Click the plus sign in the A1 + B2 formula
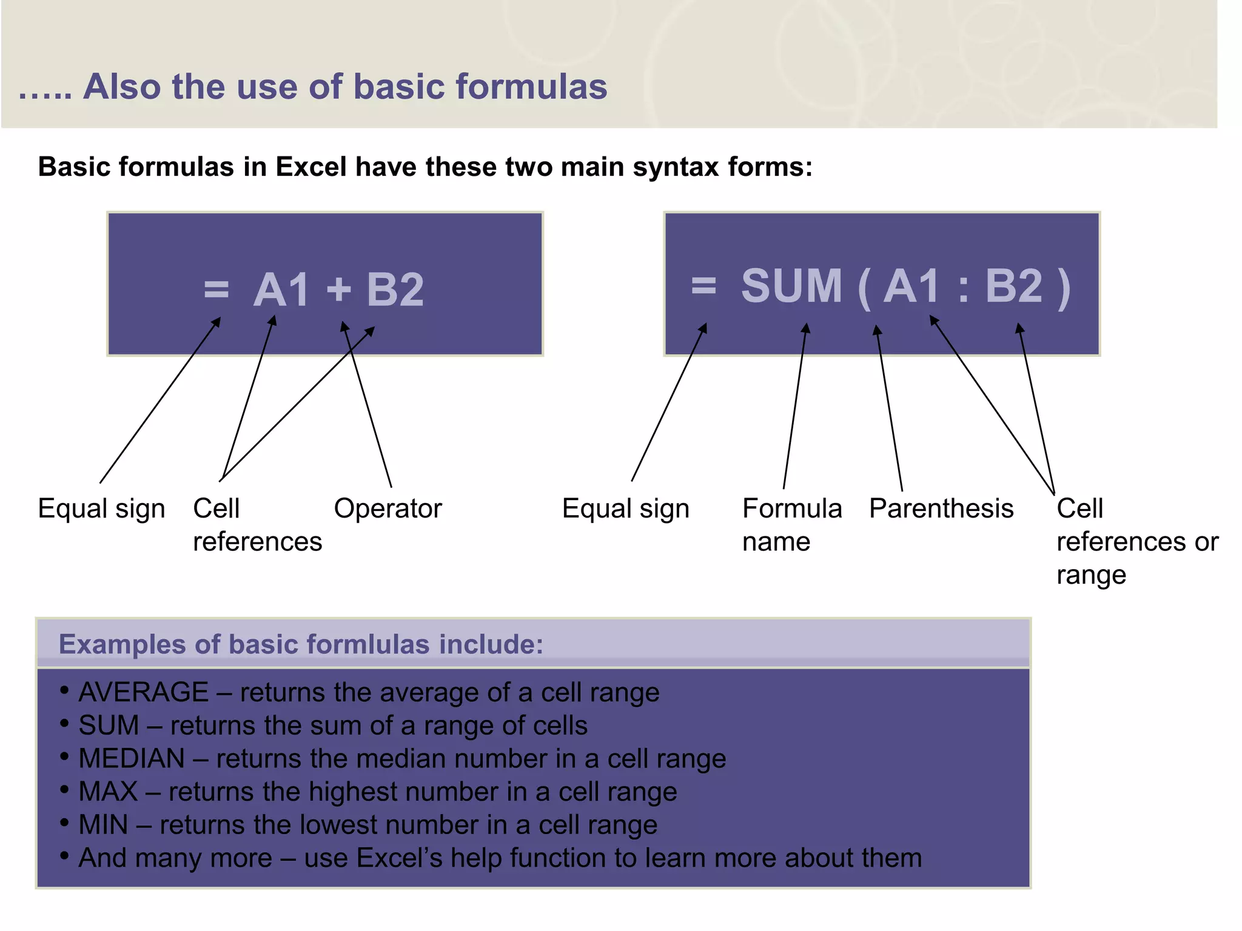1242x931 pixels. pos(339,289)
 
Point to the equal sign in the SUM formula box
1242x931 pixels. pos(703,284)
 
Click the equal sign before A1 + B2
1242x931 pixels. pos(217,289)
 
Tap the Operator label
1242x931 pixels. pos(388,509)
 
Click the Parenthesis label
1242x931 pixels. pos(941,509)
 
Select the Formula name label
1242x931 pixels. pos(791,524)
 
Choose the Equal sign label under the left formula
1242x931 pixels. pos(101,509)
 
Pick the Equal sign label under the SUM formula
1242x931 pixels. pos(625,509)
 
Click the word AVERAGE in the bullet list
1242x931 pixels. pos(144,692)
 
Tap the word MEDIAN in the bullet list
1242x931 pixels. pos(132,758)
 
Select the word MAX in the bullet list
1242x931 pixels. pos(109,792)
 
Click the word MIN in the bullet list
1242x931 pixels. pos(104,824)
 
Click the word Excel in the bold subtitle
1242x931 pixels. pos(310,167)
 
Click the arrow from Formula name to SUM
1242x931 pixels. pos(794,406)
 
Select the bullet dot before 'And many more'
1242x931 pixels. pos(64,855)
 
